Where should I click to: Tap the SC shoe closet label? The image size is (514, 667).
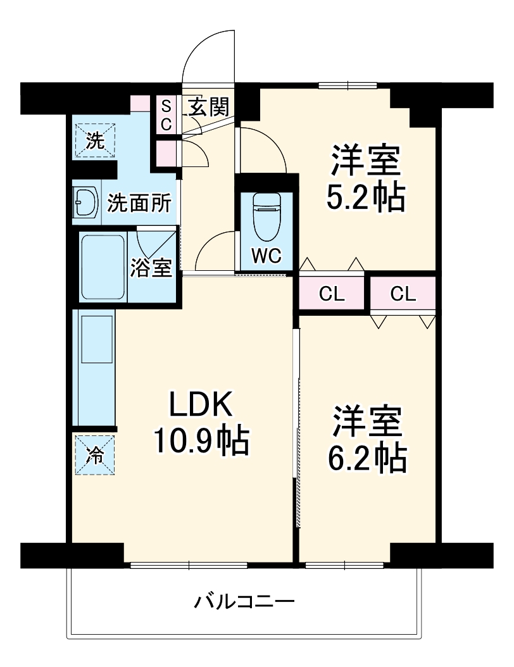point(165,115)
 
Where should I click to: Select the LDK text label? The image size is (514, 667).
point(201,404)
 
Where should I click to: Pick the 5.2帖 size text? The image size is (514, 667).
point(365,197)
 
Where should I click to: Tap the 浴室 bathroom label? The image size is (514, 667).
point(151,268)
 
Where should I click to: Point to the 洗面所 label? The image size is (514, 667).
point(139,204)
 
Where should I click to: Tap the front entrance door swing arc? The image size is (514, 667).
point(206,54)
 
